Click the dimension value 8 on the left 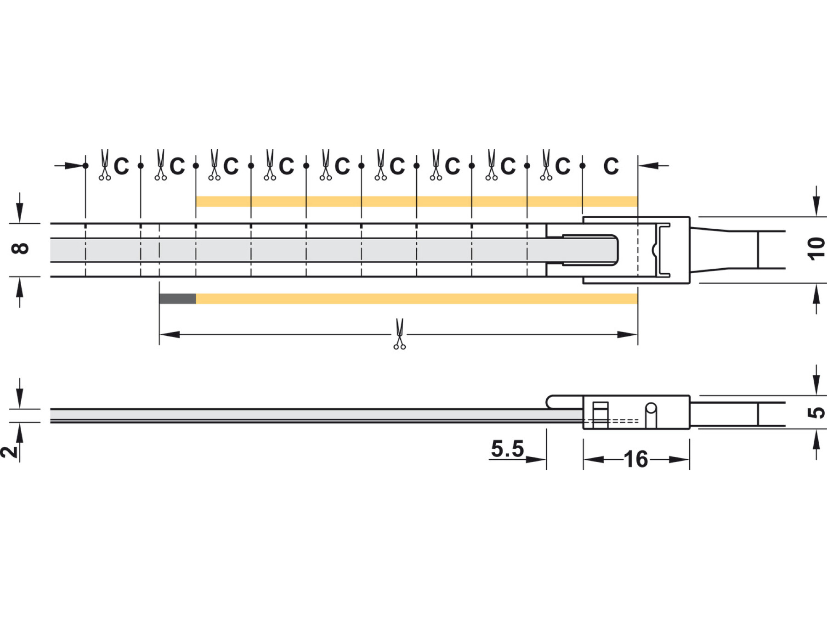click(x=20, y=248)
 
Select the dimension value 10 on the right click(x=816, y=249)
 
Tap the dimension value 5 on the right click(x=816, y=412)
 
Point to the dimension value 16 click(x=636, y=459)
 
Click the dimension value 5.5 click(x=507, y=449)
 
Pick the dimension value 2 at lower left click(x=9, y=451)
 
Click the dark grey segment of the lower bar click(x=177, y=299)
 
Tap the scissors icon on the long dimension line click(x=400, y=334)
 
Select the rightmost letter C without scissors click(x=611, y=166)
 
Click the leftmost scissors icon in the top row click(x=105, y=165)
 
